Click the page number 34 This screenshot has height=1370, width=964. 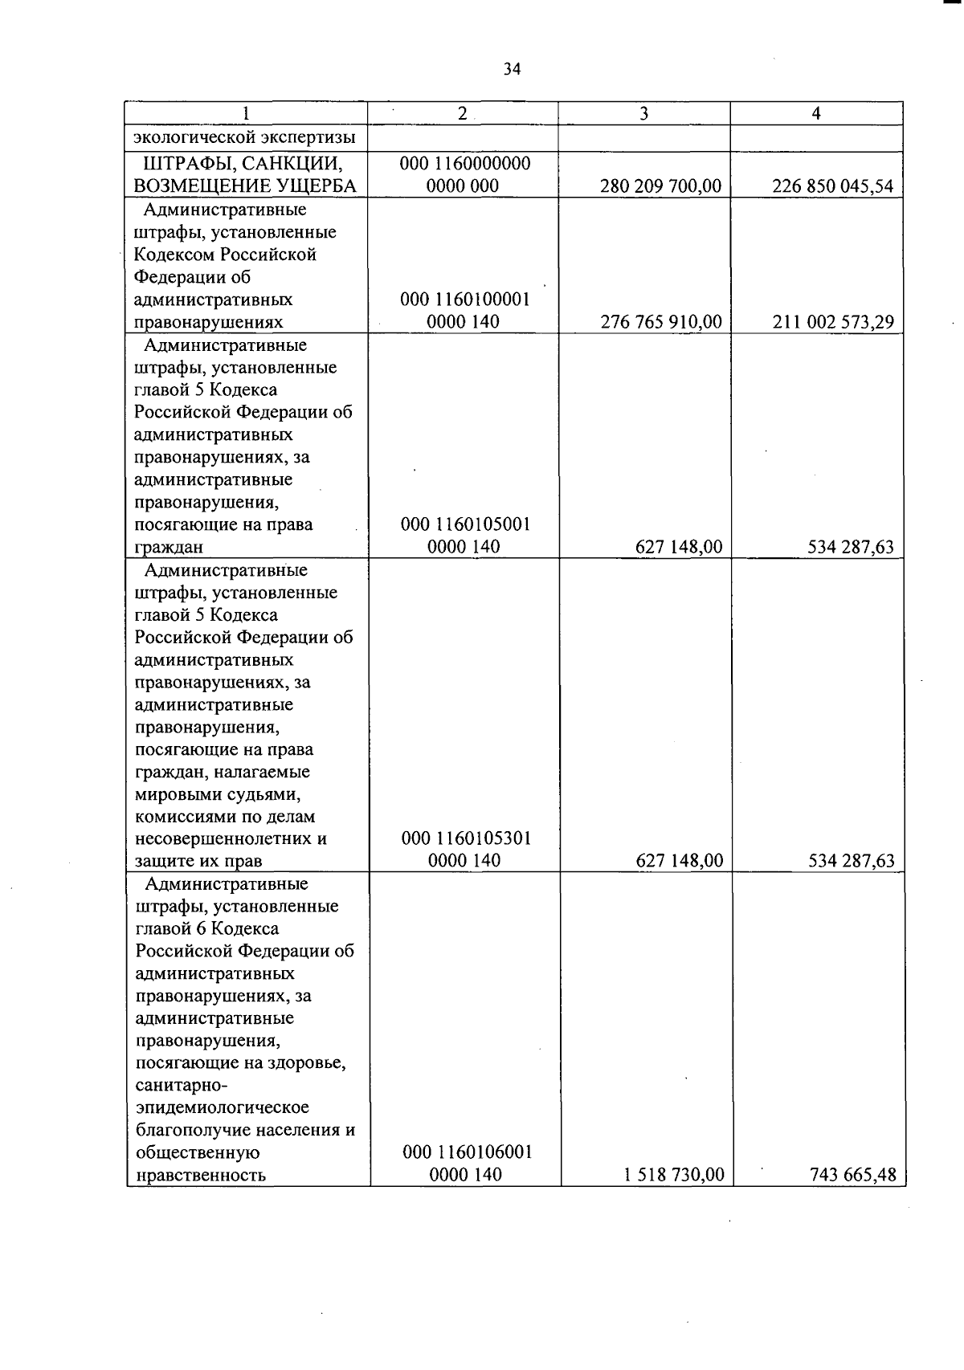512,69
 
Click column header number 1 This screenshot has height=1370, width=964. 246,114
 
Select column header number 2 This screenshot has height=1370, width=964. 462,114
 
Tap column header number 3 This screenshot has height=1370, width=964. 643,114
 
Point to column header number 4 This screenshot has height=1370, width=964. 816,114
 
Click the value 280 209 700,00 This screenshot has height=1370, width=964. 660,186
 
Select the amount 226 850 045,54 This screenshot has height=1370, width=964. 832,186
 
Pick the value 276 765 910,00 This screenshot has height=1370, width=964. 660,322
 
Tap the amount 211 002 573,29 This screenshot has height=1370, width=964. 832,322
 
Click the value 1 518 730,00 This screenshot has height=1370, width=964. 673,1175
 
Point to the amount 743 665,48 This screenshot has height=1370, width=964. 852,1175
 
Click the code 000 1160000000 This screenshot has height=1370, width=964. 465,164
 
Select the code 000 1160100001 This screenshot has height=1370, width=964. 465,300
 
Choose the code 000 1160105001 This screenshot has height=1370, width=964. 465,524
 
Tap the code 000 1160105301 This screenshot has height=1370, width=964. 466,838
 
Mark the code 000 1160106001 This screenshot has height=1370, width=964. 467,1152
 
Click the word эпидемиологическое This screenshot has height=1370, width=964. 223,1107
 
